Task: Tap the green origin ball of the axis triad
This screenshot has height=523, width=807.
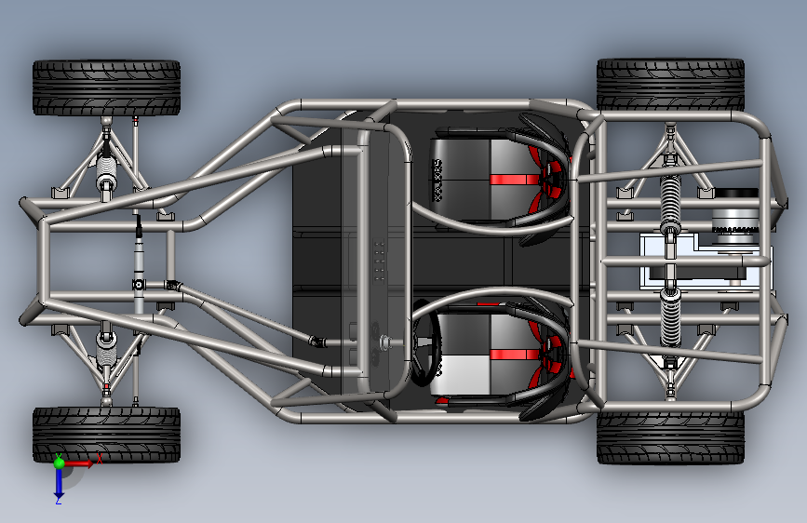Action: (59, 463)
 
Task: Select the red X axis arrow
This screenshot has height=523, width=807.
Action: (80, 463)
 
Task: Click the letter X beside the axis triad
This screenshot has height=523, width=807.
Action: (99, 459)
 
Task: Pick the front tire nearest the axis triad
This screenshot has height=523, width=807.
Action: (106, 434)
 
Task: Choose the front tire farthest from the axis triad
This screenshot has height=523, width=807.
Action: (106, 87)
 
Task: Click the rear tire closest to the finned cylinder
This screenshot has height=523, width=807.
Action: (670, 85)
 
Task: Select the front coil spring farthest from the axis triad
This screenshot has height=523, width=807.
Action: (108, 172)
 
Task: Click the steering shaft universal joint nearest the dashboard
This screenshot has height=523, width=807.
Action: (318, 342)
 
